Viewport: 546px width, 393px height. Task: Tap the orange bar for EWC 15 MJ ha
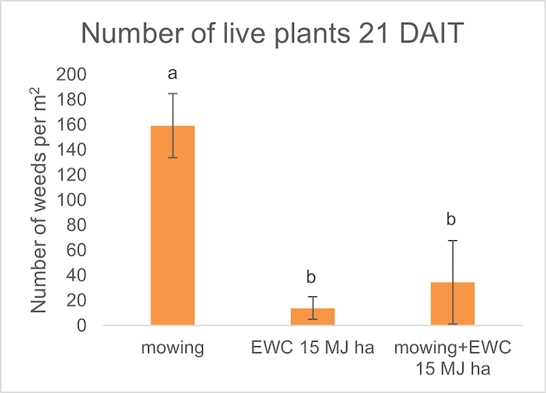pyautogui.click(x=312, y=317)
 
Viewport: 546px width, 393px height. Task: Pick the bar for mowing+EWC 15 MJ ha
pyautogui.click(x=452, y=303)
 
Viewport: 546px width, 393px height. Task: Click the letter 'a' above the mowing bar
pyautogui.click(x=172, y=75)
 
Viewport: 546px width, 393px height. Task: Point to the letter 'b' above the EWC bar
pyautogui.click(x=312, y=278)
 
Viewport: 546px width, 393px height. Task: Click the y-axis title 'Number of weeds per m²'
pyautogui.click(x=41, y=203)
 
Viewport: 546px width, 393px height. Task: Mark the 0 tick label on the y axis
pyautogui.click(x=82, y=326)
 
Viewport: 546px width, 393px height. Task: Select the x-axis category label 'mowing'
pyautogui.click(x=172, y=347)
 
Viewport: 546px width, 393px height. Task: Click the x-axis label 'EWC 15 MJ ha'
pyautogui.click(x=312, y=347)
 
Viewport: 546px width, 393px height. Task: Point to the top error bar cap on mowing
pyautogui.click(x=172, y=94)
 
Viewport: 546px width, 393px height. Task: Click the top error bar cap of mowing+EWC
pyautogui.click(x=452, y=241)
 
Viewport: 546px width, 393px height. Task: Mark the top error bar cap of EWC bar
pyautogui.click(x=312, y=297)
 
